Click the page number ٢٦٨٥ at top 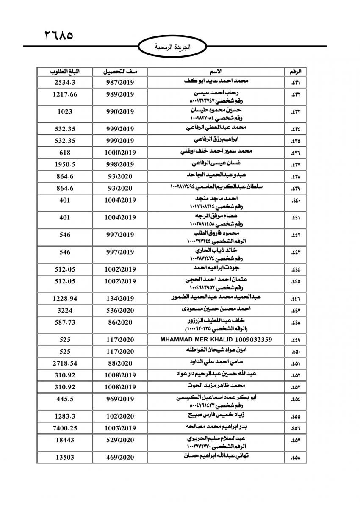coord(59,34)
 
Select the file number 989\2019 coord(119,94)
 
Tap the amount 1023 coord(65,111)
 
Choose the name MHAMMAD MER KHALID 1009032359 coord(216,339)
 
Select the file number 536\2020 coord(119,311)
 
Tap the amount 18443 coord(65,440)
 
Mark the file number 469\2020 coord(119,458)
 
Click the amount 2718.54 coord(65,363)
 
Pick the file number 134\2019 coord(119,299)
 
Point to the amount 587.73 coord(65,322)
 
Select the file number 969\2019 coord(119,399)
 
